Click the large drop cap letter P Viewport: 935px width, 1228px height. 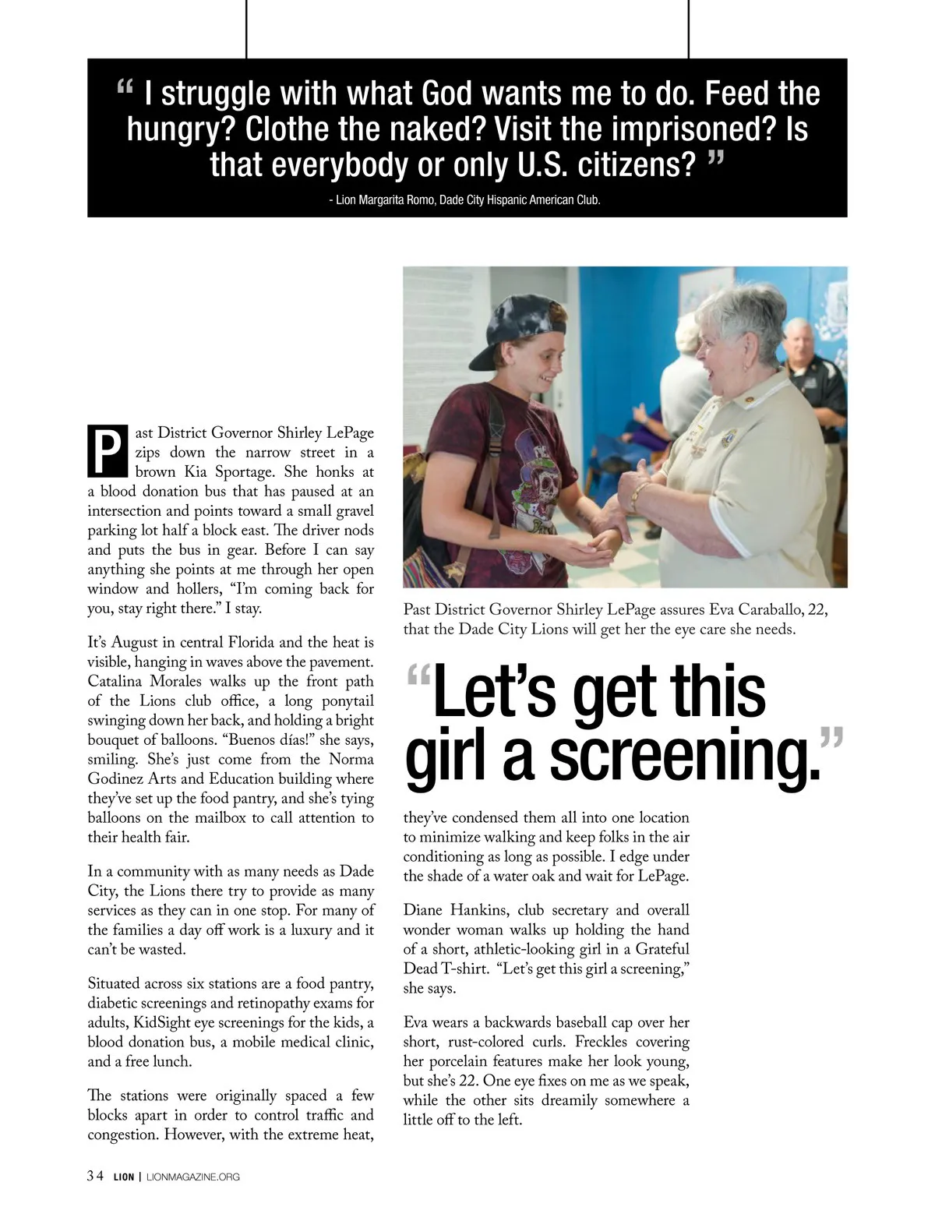point(107,450)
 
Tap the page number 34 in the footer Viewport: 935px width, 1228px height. point(95,1177)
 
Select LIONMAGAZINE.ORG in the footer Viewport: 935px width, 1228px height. point(193,1177)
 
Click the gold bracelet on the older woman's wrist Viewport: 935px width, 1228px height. point(638,496)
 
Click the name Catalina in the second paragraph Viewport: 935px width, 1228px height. point(115,681)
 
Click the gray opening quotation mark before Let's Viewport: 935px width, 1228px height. point(418,675)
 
